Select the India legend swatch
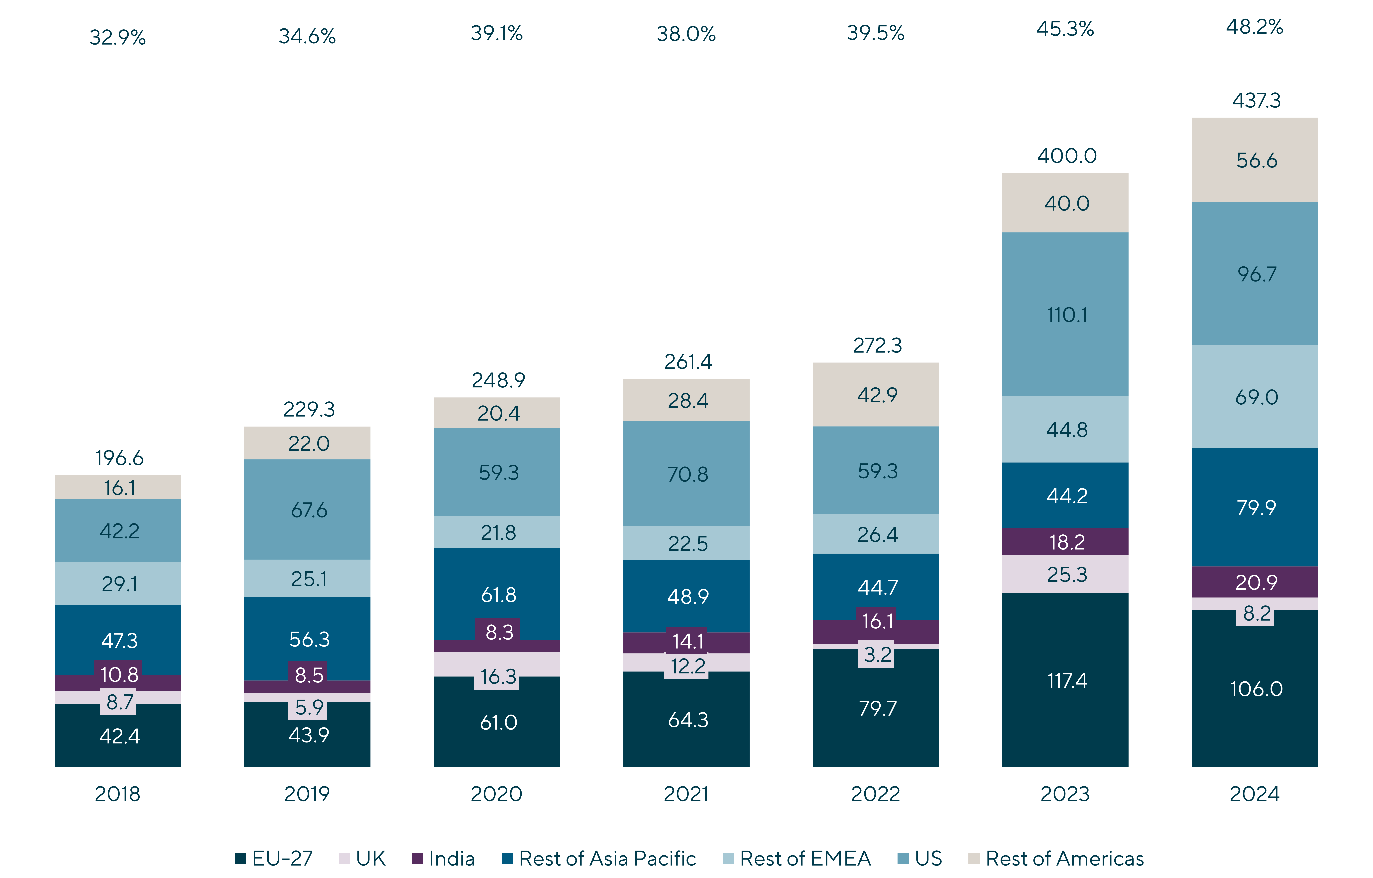pyautogui.click(x=418, y=858)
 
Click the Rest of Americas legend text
pyautogui.click(x=1064, y=858)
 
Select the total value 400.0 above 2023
pyautogui.click(x=1067, y=156)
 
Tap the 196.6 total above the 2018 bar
pyautogui.click(x=119, y=458)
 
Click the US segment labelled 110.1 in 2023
pyautogui.click(x=1065, y=314)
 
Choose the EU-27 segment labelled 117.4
pyautogui.click(x=1065, y=680)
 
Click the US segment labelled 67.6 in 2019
pyautogui.click(x=307, y=510)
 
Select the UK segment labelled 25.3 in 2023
pyautogui.click(x=1065, y=574)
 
